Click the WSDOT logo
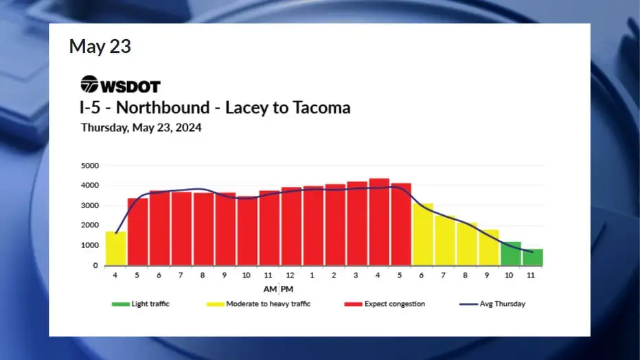coord(120,85)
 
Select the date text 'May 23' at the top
coord(100,46)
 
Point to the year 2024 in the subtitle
coord(188,128)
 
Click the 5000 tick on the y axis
coord(90,166)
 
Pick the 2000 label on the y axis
coord(90,225)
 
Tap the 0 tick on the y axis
coord(95,265)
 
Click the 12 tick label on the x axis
coord(290,275)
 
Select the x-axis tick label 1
coord(312,275)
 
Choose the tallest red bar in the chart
coord(379,222)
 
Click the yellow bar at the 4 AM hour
coord(116,249)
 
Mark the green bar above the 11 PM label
coord(533,258)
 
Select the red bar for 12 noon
coord(291,227)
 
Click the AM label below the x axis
coord(270,289)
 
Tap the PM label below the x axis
coord(287,289)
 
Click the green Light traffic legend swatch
coord(120,304)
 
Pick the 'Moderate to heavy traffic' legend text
coord(268,304)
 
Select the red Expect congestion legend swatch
coord(353,304)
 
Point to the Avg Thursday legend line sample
coord(468,304)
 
